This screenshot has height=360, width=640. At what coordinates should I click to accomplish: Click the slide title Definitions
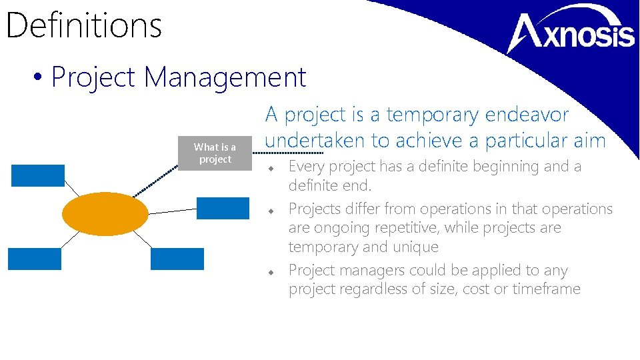click(x=83, y=25)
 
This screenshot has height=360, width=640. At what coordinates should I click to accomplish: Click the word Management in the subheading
click(x=225, y=77)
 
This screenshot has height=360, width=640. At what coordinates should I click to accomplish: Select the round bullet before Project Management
click(x=37, y=79)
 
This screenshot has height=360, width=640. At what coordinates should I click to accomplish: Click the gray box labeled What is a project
click(x=215, y=153)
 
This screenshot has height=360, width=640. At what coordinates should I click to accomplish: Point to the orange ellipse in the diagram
click(x=105, y=213)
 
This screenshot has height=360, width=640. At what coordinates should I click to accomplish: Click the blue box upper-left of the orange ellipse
click(x=38, y=175)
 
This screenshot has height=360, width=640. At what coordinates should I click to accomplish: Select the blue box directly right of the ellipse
click(x=223, y=208)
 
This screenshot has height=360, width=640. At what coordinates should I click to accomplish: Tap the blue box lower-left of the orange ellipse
click(x=35, y=259)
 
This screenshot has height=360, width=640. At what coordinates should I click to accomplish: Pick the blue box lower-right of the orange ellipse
click(x=177, y=259)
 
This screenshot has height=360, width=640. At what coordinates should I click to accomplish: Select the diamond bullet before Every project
click(x=272, y=167)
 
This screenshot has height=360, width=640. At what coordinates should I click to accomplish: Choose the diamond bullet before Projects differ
click(x=272, y=210)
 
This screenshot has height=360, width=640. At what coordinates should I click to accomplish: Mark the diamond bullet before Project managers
click(x=272, y=272)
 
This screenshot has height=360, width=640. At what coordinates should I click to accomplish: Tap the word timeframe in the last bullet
click(x=546, y=289)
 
